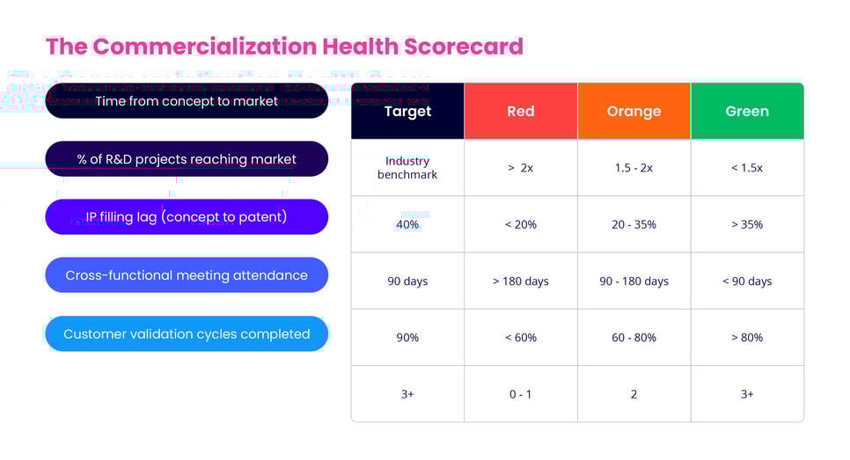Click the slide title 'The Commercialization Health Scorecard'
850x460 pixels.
click(284, 46)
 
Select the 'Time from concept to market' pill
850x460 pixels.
click(186, 101)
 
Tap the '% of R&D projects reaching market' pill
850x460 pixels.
click(186, 159)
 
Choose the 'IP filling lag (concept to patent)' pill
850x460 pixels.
click(186, 217)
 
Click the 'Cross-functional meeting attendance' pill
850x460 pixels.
click(186, 275)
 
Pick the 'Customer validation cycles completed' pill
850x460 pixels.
click(186, 334)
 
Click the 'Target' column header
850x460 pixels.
click(407, 112)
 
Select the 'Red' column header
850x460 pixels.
click(521, 112)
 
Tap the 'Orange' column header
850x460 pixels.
click(634, 112)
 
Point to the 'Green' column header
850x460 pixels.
click(747, 112)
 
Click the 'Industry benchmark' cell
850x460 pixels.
click(407, 168)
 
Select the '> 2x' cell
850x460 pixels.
click(521, 168)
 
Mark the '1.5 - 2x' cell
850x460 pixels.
click(634, 168)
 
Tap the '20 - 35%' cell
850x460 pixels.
click(634, 224)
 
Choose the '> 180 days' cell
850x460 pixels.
click(521, 281)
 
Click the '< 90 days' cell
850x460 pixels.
click(747, 281)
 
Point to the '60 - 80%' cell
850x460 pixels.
click(634, 338)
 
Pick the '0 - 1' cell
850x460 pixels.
click(521, 394)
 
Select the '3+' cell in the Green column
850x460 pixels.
click(747, 394)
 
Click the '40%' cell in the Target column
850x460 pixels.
click(407, 224)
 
